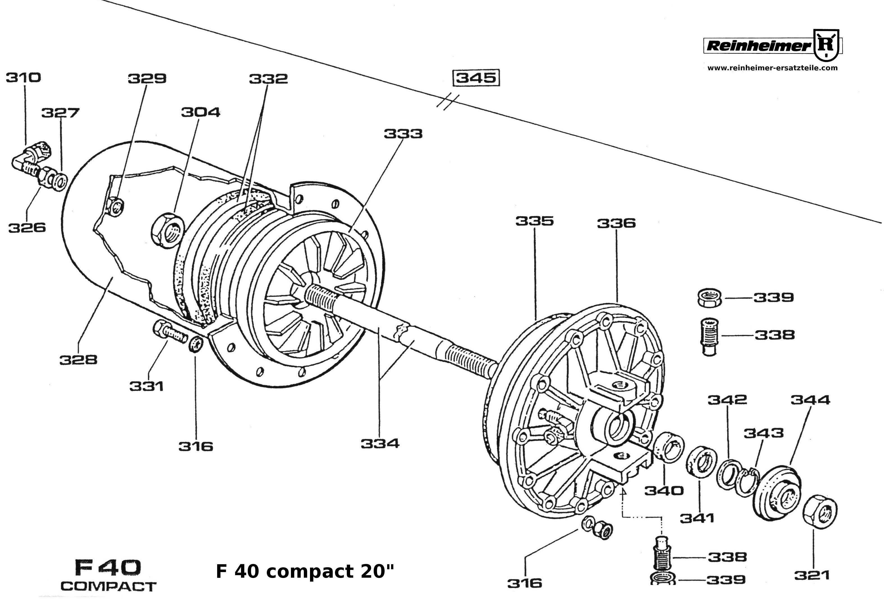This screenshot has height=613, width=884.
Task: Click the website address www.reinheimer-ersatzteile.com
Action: pyautogui.click(x=773, y=68)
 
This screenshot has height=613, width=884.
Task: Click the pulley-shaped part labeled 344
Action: pyautogui.click(x=776, y=494)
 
